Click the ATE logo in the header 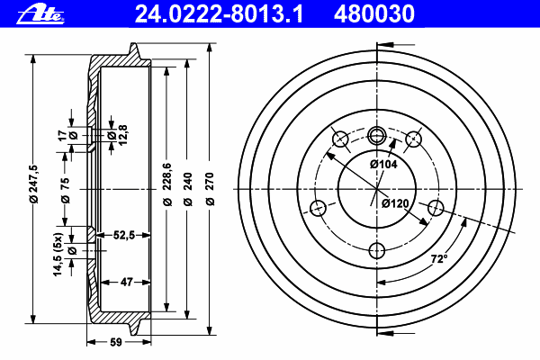coord(40,14)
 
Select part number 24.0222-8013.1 coord(219,14)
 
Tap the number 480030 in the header coord(374,14)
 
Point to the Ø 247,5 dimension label coord(34,184)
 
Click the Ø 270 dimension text coord(210,189)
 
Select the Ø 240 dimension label coord(187,189)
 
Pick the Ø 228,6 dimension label coord(167,184)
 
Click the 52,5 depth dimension coord(124,235)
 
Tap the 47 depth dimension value coord(126,282)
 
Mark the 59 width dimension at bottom coord(116,342)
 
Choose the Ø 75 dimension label coord(65,190)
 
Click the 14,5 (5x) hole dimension coord(58,254)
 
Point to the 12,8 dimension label coord(123,135)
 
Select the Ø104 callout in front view coord(383,165)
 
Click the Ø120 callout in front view coord(395,203)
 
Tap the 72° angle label coord(439,258)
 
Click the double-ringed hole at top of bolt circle coord(377,135)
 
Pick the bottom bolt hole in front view coord(377,251)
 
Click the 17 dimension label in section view coord(63,135)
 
